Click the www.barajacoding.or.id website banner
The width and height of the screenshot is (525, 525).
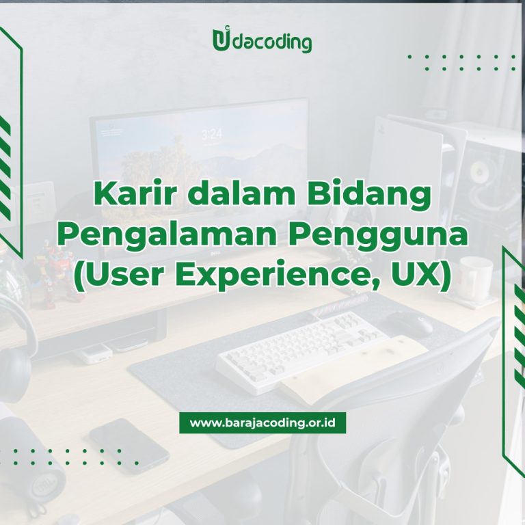coord(262,422)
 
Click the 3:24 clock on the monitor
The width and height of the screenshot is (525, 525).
coord(212,135)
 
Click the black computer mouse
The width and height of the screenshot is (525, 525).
coord(410,323)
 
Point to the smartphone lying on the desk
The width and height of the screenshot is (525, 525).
coord(129,446)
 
